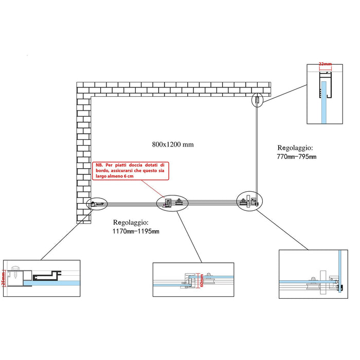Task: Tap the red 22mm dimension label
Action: click(325, 64)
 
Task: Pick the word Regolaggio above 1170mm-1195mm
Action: click(131, 223)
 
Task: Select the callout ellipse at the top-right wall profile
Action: click(256, 101)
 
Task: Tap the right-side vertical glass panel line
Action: click(258, 149)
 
